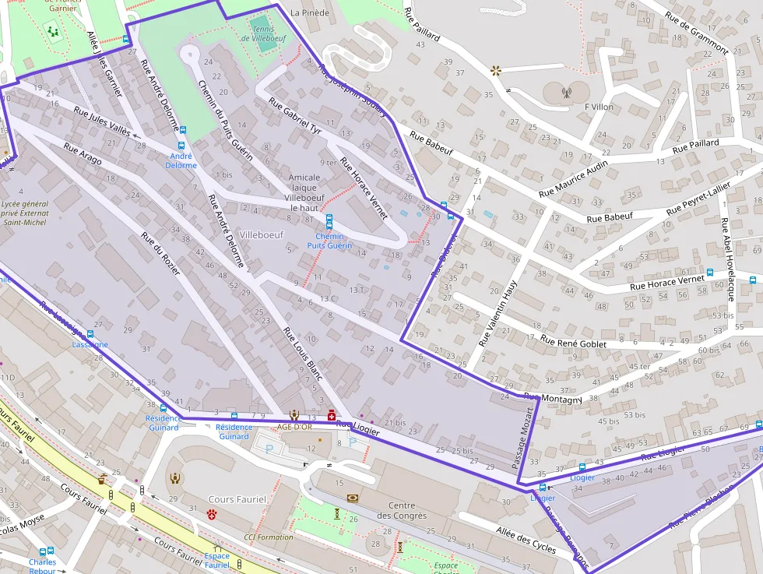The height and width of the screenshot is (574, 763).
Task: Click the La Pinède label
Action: [x=309, y=13]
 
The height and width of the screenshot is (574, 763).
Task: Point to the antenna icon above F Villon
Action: [x=566, y=93]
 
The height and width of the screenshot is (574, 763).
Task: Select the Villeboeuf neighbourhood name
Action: [x=262, y=234]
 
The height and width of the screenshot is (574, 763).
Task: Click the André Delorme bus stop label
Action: [x=181, y=160]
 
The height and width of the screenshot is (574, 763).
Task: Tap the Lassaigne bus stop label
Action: [x=90, y=344]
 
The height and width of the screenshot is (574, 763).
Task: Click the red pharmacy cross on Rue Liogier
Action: [x=331, y=416]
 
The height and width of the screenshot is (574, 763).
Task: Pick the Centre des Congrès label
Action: [x=402, y=510]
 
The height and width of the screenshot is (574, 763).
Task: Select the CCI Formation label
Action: [x=269, y=537]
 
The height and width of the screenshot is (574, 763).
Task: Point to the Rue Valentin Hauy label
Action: [x=498, y=313]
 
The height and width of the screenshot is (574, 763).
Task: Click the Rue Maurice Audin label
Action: [x=573, y=180]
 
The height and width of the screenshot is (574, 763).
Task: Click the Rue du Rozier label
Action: [x=160, y=253]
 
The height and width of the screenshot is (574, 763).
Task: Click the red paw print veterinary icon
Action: [x=211, y=513]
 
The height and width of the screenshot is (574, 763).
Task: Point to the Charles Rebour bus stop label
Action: [x=43, y=566]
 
